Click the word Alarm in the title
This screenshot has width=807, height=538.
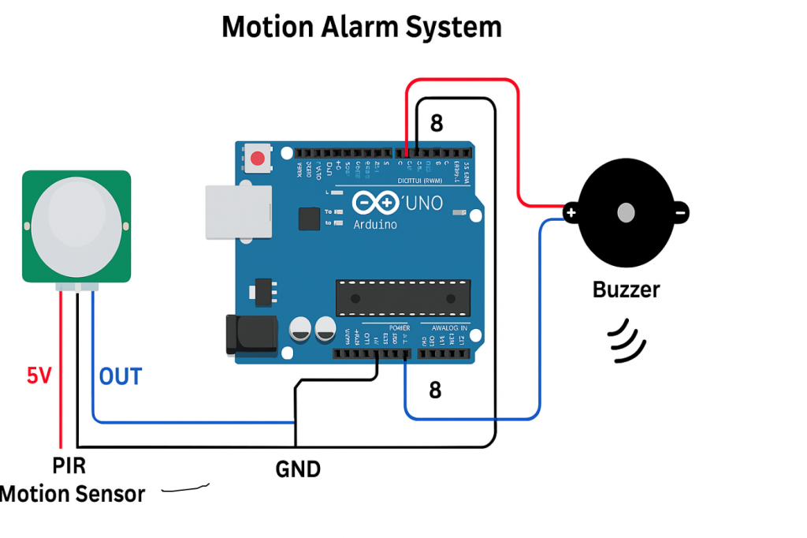point(361,27)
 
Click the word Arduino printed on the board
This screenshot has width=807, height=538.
point(375,224)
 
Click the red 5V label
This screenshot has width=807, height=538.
point(39,376)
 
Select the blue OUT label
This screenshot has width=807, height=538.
point(121,376)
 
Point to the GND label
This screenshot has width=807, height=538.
point(298,470)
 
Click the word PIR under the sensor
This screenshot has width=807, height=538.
point(69,466)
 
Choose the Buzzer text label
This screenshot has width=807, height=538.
point(626,290)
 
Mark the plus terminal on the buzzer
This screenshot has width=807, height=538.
point(571,212)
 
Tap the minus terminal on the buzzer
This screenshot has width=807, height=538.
point(682,211)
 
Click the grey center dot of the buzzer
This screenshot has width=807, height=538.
point(627,212)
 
